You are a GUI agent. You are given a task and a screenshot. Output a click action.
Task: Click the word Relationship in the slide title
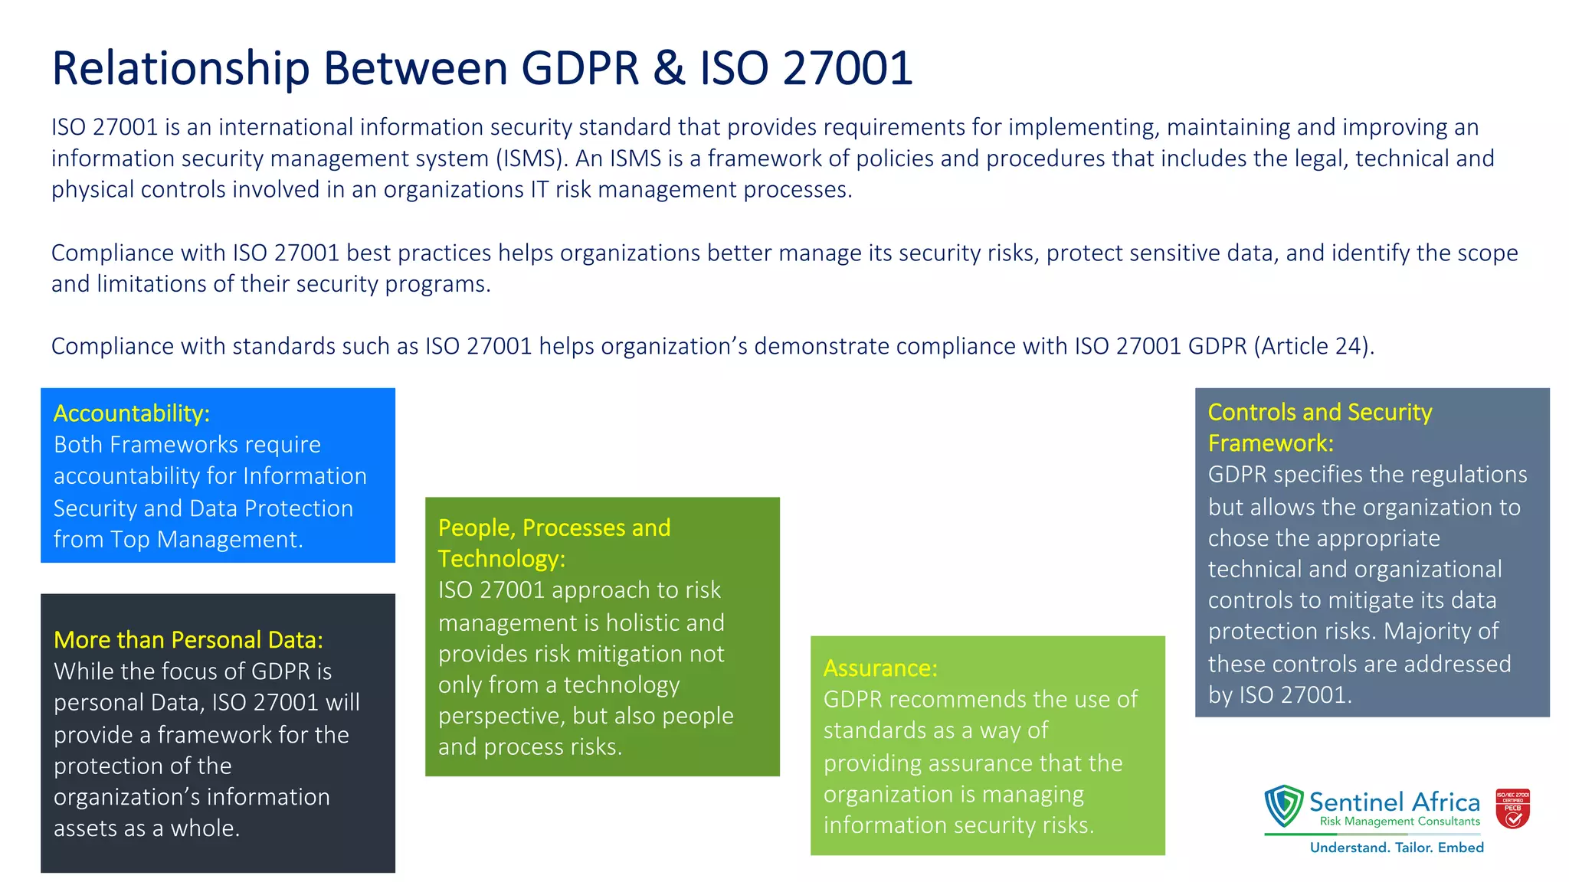(x=180, y=69)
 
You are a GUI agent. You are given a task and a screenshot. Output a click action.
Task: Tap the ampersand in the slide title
(x=669, y=67)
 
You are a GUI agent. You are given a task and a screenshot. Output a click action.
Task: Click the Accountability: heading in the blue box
(x=132, y=413)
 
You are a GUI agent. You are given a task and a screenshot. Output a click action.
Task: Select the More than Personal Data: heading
(x=188, y=640)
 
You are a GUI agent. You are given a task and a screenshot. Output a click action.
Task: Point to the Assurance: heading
(x=880, y=668)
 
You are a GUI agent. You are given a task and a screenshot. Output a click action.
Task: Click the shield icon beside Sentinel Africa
(x=1284, y=805)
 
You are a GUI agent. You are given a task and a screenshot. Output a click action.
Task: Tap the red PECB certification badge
(x=1512, y=808)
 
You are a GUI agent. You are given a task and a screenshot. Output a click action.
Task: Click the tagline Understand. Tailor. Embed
(x=1397, y=848)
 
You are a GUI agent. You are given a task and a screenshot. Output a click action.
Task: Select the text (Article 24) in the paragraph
(x=1313, y=346)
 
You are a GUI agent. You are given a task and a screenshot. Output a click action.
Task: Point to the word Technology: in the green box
(x=502, y=559)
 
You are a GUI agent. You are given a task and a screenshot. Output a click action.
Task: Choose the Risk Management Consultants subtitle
(x=1400, y=822)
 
